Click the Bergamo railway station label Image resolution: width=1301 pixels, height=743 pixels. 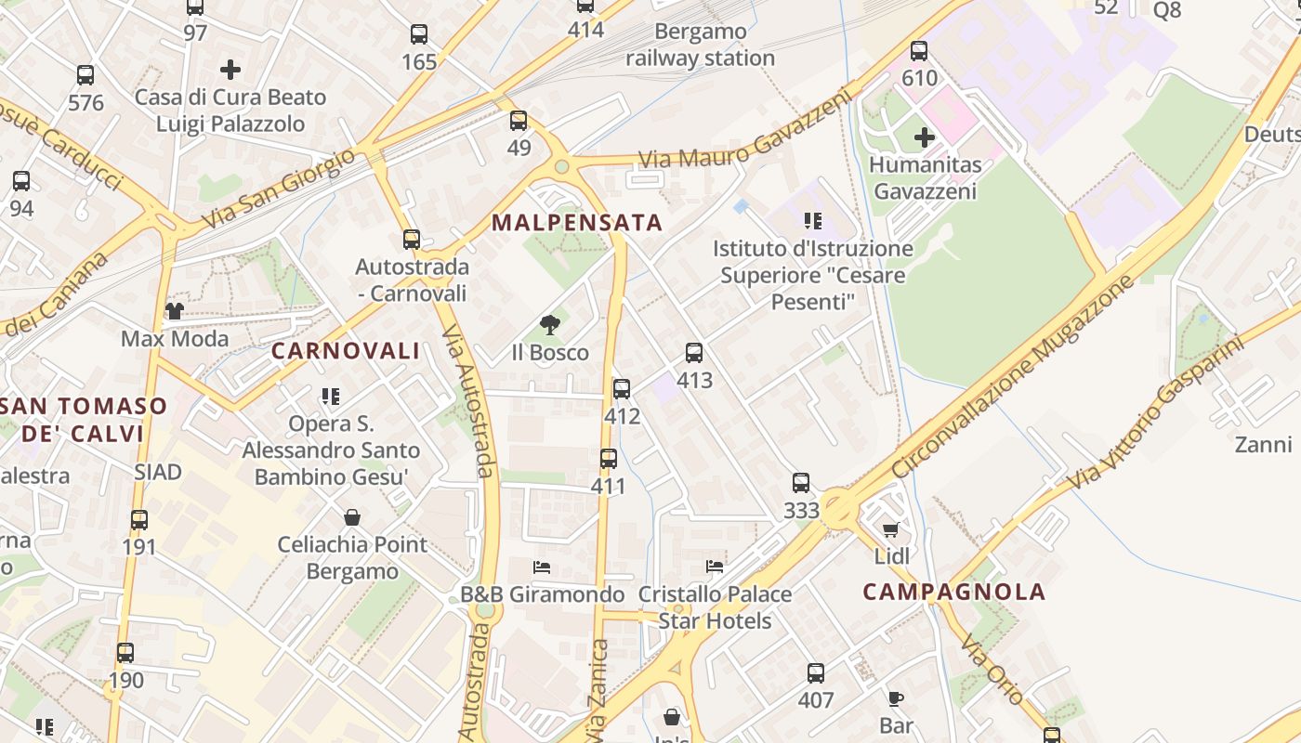click(700, 45)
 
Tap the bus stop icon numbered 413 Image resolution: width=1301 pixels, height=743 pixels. click(694, 353)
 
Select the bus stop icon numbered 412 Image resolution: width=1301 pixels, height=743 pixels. click(622, 389)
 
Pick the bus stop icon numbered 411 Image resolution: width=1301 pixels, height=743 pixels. click(609, 459)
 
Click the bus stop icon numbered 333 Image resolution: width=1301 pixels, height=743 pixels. click(801, 483)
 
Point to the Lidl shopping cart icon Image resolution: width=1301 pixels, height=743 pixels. click(891, 529)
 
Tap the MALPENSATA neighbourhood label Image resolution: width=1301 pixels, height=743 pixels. click(577, 223)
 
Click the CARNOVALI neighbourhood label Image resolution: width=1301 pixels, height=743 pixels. click(346, 351)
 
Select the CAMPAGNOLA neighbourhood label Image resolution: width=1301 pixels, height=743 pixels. click(954, 592)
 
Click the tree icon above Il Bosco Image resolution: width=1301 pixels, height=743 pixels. click(550, 325)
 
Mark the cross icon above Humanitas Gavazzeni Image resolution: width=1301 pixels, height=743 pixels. click(925, 137)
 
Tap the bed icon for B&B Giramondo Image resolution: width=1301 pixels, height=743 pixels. click(542, 567)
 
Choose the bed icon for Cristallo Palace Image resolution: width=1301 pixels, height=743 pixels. click(715, 566)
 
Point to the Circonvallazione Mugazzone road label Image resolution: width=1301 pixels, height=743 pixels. click(1014, 376)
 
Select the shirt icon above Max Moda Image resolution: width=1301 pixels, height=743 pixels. click(174, 310)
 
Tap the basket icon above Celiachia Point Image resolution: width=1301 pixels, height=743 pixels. click(352, 516)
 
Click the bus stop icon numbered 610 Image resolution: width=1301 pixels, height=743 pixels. click(919, 51)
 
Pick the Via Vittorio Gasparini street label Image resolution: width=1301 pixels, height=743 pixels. click(1155, 414)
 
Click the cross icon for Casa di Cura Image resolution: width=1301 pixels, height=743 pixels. click(230, 70)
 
